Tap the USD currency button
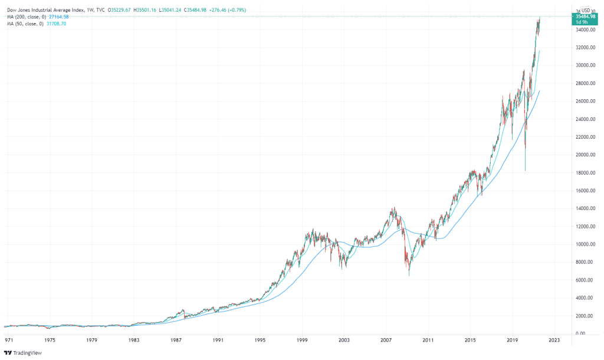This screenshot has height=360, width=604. pos(586,10)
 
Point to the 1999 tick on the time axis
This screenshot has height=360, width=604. pos(303,341)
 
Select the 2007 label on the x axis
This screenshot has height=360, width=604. pos(386,341)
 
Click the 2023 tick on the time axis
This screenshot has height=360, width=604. pos(554,341)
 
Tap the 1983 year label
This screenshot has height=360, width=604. pos(134,341)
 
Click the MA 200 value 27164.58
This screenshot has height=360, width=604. pos(57,17)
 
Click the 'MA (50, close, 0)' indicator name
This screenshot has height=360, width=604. pos(22,23)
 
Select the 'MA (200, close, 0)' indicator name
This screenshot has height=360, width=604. pos(24,17)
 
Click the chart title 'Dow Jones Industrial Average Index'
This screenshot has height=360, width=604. pos(47,10)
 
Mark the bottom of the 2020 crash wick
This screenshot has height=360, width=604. pos(525,171)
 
